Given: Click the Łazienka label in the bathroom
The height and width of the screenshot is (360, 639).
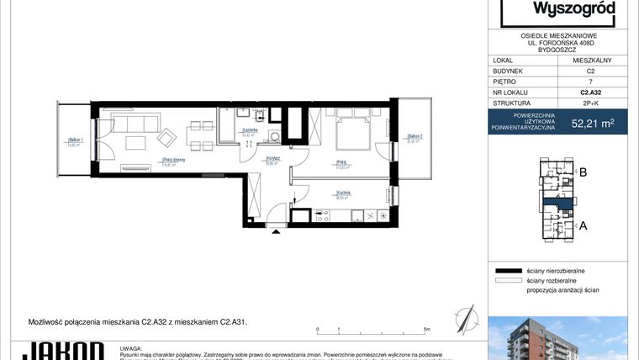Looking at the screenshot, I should pyautogui.click(x=249, y=131).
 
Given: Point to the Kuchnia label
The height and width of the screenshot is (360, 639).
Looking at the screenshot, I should pyautogui.click(x=342, y=193).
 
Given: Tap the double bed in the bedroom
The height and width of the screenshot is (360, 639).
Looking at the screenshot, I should pyautogui.click(x=349, y=132).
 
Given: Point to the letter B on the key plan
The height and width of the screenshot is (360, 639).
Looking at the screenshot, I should pyautogui.click(x=582, y=173).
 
